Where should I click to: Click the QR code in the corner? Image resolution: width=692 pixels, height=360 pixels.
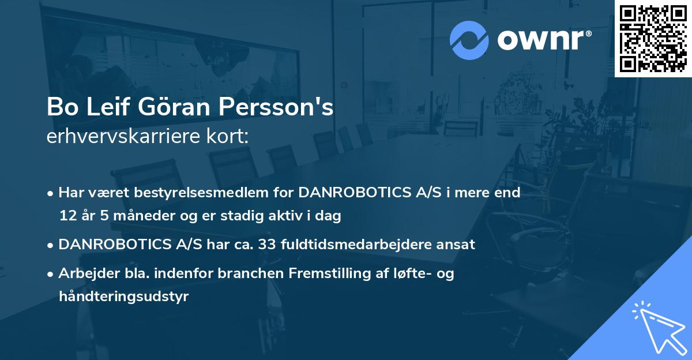point(653,38)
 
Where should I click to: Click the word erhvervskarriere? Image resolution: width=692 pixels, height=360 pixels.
point(116,137)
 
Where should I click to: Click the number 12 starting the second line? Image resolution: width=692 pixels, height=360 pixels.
point(67,216)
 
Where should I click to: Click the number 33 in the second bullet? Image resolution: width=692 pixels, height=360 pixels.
point(270,244)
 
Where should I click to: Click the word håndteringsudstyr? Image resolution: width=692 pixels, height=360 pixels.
point(123,297)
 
